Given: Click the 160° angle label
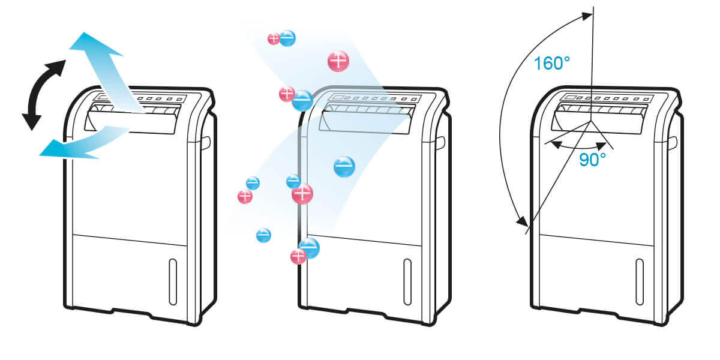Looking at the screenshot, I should [x=551, y=63].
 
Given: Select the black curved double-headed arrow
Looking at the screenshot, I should [x=40, y=95].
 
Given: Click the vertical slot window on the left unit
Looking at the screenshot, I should [x=173, y=281].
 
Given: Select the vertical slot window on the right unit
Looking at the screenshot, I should [x=640, y=281].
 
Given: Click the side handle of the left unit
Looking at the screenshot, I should [x=205, y=142].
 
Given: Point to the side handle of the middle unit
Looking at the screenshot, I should [x=440, y=142].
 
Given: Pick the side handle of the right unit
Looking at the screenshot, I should [x=673, y=142].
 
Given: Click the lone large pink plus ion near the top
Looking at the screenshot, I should [x=338, y=61].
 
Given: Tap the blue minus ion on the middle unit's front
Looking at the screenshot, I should [x=344, y=166].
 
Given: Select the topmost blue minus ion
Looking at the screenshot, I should [x=287, y=38].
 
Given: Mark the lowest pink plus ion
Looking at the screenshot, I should [x=298, y=257].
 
